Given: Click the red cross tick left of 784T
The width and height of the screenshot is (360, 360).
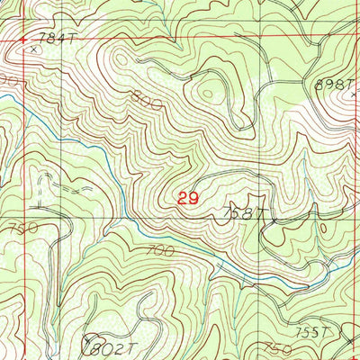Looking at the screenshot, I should tap(23, 40).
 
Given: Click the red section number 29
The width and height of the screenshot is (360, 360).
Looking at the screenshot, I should tap(188, 198).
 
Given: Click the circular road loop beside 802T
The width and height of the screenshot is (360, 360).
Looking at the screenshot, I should tap(88, 346).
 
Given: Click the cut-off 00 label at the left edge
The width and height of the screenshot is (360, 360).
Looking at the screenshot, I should tap(9, 81).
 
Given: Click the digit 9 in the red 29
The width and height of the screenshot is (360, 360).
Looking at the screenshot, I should tap(193, 198).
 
